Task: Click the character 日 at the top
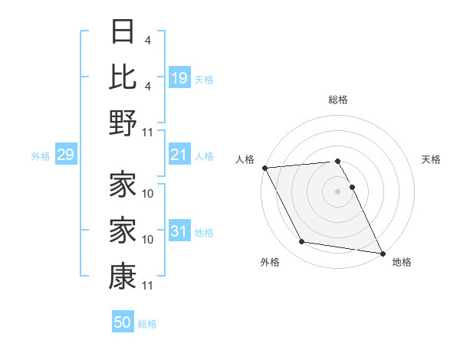(x=123, y=32)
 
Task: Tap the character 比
(x=123, y=77)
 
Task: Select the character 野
(x=123, y=123)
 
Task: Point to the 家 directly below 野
(x=123, y=185)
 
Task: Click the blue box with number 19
(x=179, y=77)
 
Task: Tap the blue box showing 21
(x=179, y=155)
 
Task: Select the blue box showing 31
(x=179, y=231)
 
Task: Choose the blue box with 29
(x=65, y=155)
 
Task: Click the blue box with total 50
(x=123, y=322)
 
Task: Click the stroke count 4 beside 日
(x=158, y=40)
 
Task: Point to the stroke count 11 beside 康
(x=148, y=286)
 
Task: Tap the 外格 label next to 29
(x=41, y=156)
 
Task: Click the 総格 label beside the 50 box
(x=147, y=324)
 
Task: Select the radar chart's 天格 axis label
(x=431, y=159)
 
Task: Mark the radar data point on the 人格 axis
(x=264, y=168)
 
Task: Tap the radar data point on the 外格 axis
(x=302, y=242)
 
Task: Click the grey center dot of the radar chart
(x=337, y=191)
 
